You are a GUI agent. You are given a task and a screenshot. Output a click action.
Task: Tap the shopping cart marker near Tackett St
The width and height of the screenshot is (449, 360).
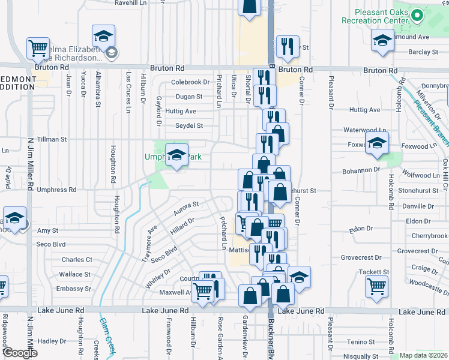(x=376, y=286)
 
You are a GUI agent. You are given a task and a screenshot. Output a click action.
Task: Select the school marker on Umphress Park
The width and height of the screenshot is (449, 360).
(x=176, y=155)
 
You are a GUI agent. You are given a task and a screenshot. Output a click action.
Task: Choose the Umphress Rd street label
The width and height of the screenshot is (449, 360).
(x=56, y=190)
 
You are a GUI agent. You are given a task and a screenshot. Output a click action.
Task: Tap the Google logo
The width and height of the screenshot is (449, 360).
(x=20, y=353)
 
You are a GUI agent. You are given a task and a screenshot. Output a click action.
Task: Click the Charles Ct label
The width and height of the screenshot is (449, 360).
(x=77, y=260)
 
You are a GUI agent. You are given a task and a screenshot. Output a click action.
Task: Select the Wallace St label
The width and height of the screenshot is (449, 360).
(x=75, y=274)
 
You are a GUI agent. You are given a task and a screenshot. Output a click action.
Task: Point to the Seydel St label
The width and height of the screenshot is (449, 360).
(x=189, y=126)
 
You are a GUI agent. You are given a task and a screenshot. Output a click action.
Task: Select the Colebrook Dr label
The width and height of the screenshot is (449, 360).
(x=190, y=82)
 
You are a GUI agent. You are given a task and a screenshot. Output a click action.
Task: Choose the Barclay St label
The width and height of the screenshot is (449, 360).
(x=423, y=52)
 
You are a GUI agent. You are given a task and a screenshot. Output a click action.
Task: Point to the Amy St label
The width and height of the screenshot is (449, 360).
(x=47, y=230)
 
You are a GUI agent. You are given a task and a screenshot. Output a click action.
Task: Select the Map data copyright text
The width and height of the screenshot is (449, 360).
(x=424, y=355)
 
